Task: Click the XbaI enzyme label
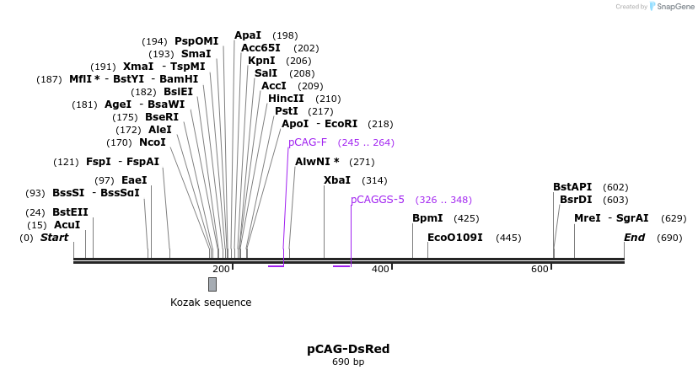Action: [x=336, y=180]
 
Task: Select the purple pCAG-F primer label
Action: [x=307, y=142]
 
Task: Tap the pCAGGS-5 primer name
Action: [x=378, y=200]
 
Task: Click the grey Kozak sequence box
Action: [x=212, y=284]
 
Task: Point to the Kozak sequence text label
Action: [x=211, y=303]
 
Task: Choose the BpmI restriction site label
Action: [x=427, y=218]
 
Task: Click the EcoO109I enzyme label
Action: [x=455, y=238]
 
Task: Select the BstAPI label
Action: [x=572, y=187]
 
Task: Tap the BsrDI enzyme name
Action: [x=576, y=200]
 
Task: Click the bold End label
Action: [x=634, y=238]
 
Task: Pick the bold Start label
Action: [x=54, y=238]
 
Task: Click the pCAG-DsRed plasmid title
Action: [x=348, y=349]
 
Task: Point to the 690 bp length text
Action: [x=348, y=362]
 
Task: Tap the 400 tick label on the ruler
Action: [x=380, y=269]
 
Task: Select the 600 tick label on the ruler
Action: [x=540, y=269]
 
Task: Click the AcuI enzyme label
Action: [x=67, y=225]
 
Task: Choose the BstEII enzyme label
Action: [x=70, y=212]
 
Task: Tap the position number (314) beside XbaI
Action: [x=374, y=180]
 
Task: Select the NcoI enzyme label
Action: [x=153, y=142]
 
